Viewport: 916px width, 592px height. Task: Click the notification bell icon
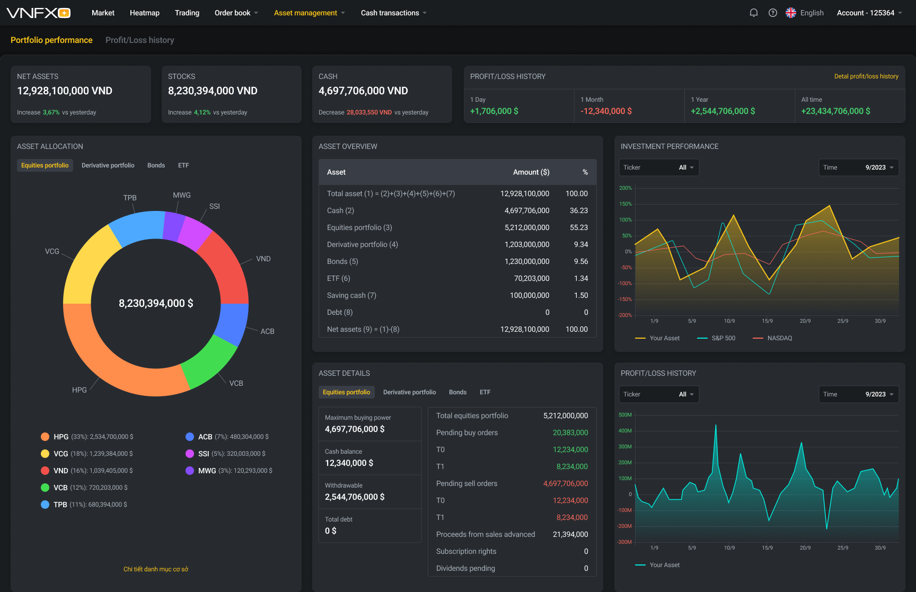pos(753,13)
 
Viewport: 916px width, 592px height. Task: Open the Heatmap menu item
pos(144,13)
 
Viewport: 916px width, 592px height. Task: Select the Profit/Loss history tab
pos(139,40)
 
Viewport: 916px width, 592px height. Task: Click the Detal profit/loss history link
pos(866,76)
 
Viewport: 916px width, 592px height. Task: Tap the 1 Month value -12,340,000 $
pos(606,111)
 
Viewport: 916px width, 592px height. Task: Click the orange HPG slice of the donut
pos(106,360)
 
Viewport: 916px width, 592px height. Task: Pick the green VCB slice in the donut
pos(209,363)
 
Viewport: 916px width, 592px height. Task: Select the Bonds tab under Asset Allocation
pos(156,165)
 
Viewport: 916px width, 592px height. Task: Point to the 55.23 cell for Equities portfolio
pos(578,227)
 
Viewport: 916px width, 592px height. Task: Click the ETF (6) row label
pos(338,278)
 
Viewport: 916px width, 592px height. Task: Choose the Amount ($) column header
pos(531,172)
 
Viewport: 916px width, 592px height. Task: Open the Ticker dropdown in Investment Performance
pos(659,167)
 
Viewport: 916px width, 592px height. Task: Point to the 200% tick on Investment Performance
pos(626,188)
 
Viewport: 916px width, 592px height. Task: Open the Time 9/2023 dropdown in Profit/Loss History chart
pos(859,394)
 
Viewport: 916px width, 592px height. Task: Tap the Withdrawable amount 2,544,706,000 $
pos(355,497)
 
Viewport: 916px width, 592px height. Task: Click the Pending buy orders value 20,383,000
pos(570,432)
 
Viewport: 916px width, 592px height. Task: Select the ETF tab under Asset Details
pos(485,392)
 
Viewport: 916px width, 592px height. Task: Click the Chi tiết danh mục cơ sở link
pos(156,569)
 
